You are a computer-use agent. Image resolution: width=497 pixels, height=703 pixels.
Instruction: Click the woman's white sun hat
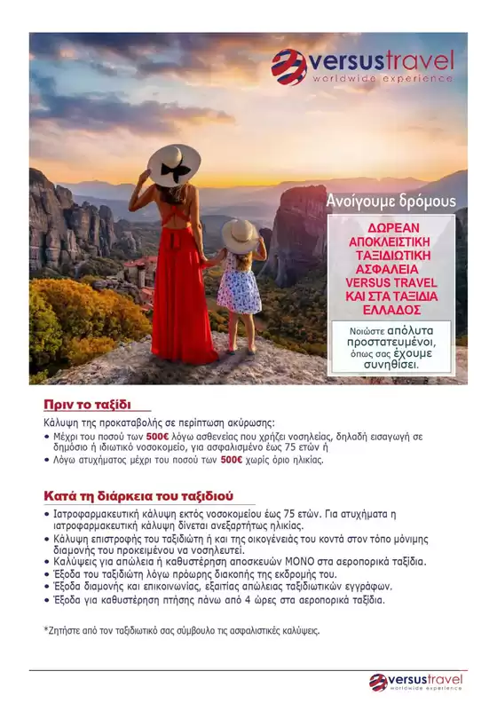[x=173, y=164]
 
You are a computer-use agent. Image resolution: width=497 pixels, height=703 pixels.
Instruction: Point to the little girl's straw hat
[x=239, y=234]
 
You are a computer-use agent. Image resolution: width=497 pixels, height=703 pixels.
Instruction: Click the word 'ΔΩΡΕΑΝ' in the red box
[x=398, y=225]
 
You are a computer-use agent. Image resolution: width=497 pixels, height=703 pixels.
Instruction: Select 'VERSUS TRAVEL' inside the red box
[x=398, y=282]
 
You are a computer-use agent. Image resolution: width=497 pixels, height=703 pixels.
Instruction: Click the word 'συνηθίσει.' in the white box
[x=397, y=365]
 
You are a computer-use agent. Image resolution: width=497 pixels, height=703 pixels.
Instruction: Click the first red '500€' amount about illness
[x=157, y=437]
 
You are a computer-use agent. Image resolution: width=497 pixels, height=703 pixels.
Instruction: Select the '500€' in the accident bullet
[x=232, y=460]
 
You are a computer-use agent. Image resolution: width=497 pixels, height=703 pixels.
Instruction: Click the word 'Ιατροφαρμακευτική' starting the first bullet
[x=97, y=516]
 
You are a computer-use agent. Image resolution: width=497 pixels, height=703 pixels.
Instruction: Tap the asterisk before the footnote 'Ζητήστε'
[x=46, y=631]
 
